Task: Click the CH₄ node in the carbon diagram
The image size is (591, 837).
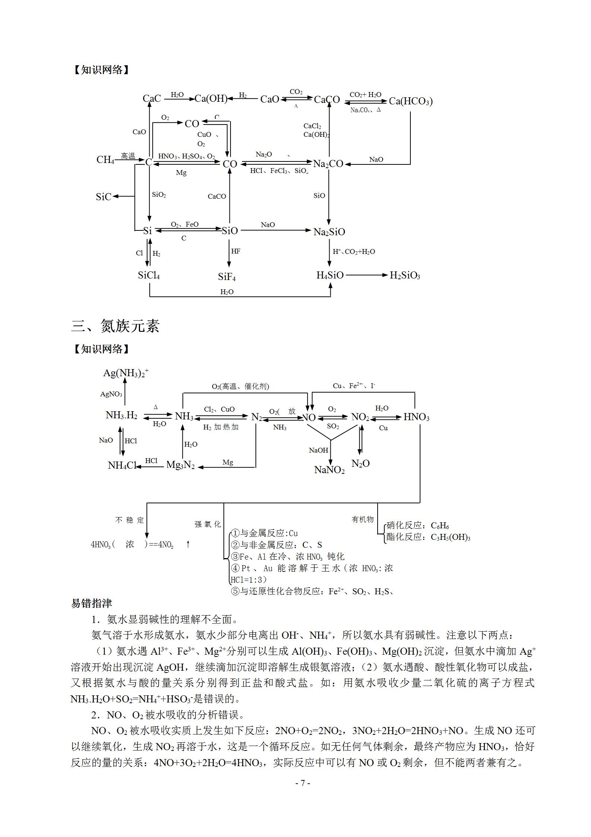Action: (x=105, y=160)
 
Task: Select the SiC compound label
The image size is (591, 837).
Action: (x=103, y=196)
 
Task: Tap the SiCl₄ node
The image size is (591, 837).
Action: (x=149, y=276)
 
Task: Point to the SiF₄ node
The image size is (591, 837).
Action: (x=227, y=277)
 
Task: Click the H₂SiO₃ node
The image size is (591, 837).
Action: (x=405, y=276)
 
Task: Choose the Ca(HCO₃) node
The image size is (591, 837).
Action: (x=411, y=101)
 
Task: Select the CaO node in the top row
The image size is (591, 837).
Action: (x=270, y=99)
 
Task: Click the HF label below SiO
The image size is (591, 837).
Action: (x=236, y=251)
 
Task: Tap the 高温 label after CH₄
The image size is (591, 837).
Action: (x=128, y=156)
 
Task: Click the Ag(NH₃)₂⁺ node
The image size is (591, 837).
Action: (x=126, y=373)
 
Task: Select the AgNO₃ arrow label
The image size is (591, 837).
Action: (x=111, y=394)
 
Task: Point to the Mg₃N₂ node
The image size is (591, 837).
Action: (x=181, y=465)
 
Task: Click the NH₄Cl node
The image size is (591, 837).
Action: (x=122, y=465)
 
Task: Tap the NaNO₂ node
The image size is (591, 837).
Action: (x=330, y=470)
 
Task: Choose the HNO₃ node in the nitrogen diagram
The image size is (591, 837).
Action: (x=416, y=417)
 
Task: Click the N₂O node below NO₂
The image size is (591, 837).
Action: (x=360, y=463)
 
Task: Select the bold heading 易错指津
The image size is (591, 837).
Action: (x=92, y=603)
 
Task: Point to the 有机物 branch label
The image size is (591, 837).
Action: (x=362, y=519)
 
